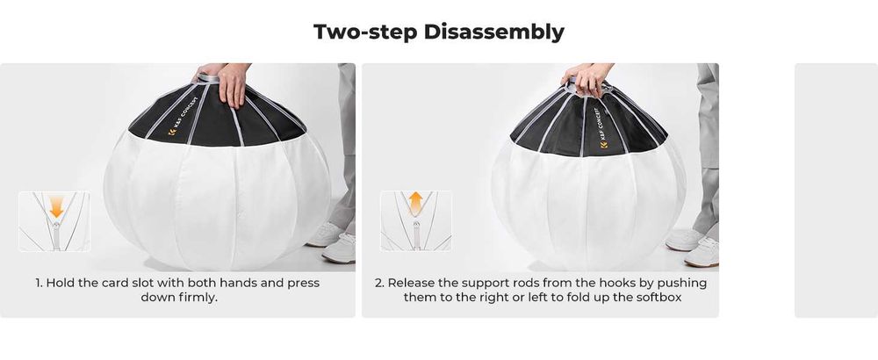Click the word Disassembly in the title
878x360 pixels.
pos(493,32)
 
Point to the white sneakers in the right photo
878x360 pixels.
pos(694,246)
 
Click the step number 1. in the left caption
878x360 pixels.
pos(40,284)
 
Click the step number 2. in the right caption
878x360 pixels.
pos(379,284)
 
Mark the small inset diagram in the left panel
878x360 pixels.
pos(54,221)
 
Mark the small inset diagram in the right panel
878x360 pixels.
pos(416,221)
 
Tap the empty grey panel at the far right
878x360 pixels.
pos(835,190)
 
